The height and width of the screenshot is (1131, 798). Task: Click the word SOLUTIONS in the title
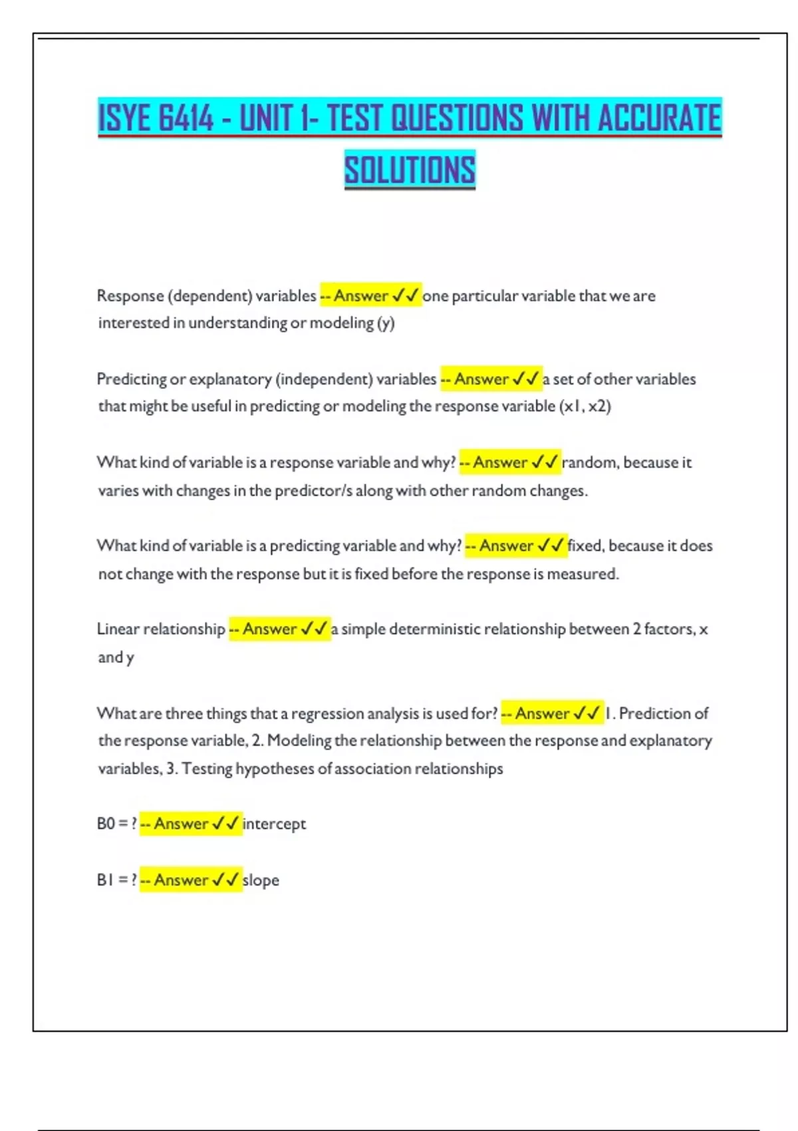[x=410, y=170]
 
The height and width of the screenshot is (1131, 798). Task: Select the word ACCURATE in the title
[x=659, y=118]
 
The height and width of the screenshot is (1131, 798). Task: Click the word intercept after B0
[x=274, y=824]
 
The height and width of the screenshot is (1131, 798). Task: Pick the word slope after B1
[x=261, y=880]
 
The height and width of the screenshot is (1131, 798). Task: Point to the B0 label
[x=106, y=824]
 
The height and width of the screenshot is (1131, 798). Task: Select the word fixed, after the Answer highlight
[x=585, y=546]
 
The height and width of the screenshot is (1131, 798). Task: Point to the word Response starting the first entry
[x=130, y=295]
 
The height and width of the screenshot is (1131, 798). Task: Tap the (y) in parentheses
[x=386, y=323]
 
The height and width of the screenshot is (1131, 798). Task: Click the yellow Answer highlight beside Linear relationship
[x=279, y=629]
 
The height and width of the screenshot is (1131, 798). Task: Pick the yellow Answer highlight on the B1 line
[x=191, y=880]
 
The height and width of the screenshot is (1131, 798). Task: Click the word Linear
[x=118, y=629]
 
